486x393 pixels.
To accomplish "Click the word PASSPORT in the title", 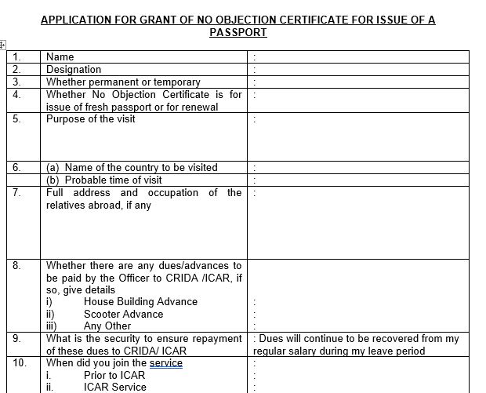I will click(238, 33).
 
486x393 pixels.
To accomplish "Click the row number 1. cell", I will click(16, 56).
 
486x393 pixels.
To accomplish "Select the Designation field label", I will click(74, 69).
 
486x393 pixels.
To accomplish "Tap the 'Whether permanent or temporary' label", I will click(123, 82).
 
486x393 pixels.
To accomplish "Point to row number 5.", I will click(17, 119).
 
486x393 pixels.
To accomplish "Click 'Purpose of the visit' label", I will click(90, 119).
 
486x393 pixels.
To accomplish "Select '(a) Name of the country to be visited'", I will click(132, 167).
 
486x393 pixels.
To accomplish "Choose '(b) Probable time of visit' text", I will click(104, 180).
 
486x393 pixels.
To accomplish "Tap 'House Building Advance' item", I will click(140, 301).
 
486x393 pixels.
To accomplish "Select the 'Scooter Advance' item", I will click(123, 314).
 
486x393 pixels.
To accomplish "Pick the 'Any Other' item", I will click(107, 326).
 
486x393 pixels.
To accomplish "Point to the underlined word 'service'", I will click(165, 363).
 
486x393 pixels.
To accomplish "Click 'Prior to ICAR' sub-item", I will click(117, 375).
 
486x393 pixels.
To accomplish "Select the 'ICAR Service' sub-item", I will click(114, 387).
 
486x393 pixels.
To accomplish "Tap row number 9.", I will click(17, 339).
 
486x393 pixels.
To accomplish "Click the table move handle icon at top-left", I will click(3, 46).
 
